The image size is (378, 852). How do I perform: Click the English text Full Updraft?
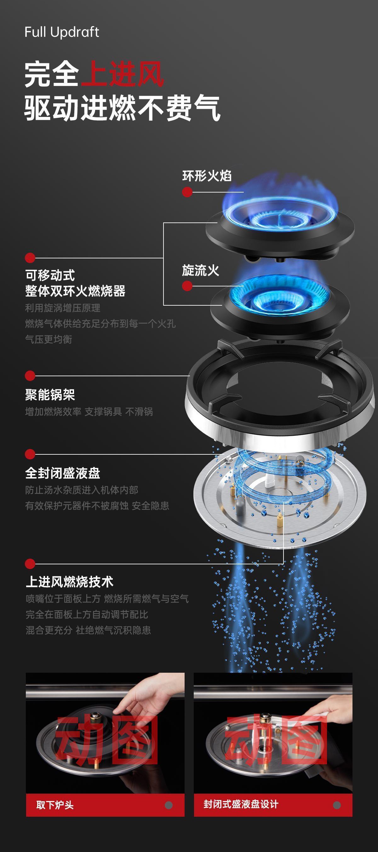click(x=62, y=32)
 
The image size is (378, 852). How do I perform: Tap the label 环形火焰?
click(x=207, y=176)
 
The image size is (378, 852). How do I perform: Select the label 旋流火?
click(x=200, y=271)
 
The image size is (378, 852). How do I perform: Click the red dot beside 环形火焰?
click(x=187, y=192)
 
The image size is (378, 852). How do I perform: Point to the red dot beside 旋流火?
click(x=187, y=286)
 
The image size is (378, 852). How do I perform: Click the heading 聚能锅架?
click(x=50, y=394)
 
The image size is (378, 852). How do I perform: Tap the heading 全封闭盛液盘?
click(x=62, y=473)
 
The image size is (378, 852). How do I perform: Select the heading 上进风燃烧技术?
click(x=69, y=582)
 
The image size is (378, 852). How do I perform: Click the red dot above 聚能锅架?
click(x=30, y=376)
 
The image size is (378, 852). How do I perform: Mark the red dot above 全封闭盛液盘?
click(x=30, y=454)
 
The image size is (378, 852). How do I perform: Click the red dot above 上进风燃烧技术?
click(x=30, y=564)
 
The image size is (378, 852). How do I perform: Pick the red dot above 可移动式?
click(x=30, y=258)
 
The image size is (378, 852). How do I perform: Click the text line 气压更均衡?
click(x=49, y=339)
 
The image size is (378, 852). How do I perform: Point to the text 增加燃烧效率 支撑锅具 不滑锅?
click(x=89, y=412)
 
